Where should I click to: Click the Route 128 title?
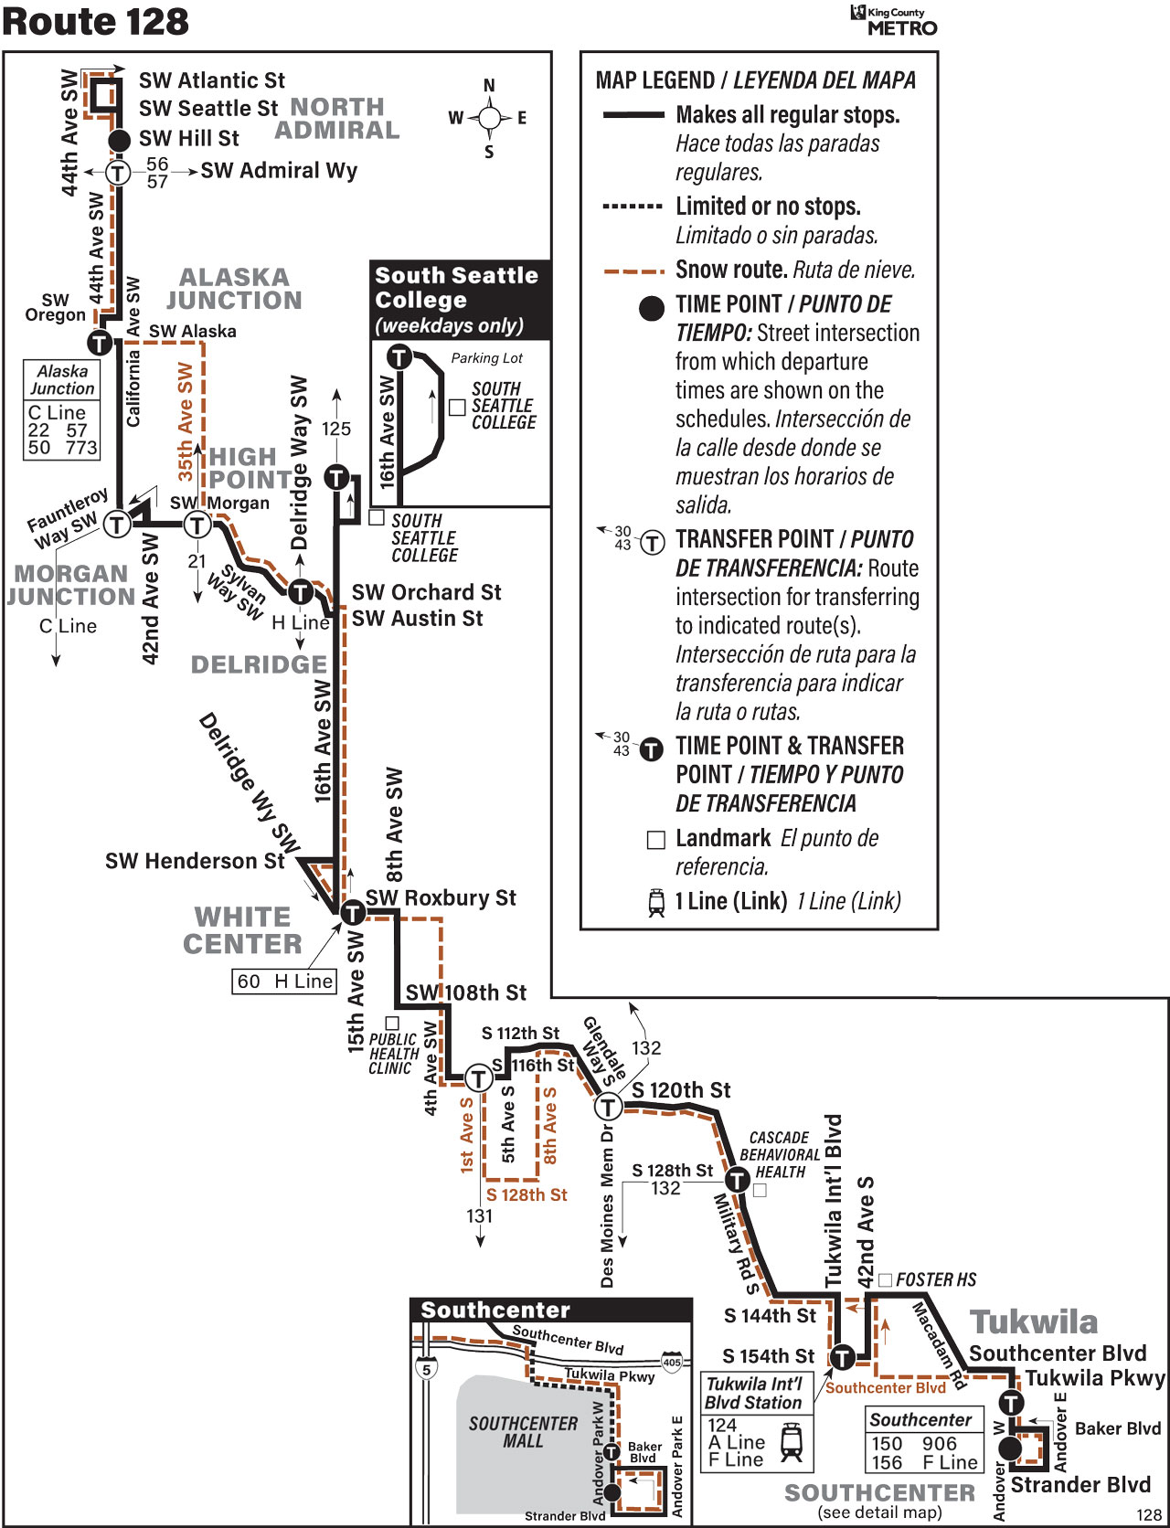coord(95,22)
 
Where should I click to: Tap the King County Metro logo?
coord(894,20)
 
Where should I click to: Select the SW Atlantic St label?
coord(212,80)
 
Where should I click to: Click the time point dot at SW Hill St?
coord(120,140)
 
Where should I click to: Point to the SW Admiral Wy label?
coord(279,171)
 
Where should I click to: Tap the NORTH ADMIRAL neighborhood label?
coord(337,119)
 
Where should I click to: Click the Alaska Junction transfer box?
coord(62,409)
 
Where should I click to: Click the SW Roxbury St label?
coord(441,898)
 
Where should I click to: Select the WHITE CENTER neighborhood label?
coord(242,930)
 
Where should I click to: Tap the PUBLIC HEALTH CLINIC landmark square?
coord(392,1023)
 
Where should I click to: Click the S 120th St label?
coord(681,1090)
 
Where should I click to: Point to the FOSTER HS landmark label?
coord(936,1279)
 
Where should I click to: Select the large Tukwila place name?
coord(1034,1322)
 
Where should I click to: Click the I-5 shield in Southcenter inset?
coord(426,1368)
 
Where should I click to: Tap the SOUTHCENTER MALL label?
coord(523,1432)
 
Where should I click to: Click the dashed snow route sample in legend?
coord(633,271)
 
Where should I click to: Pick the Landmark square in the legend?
coord(655,840)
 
